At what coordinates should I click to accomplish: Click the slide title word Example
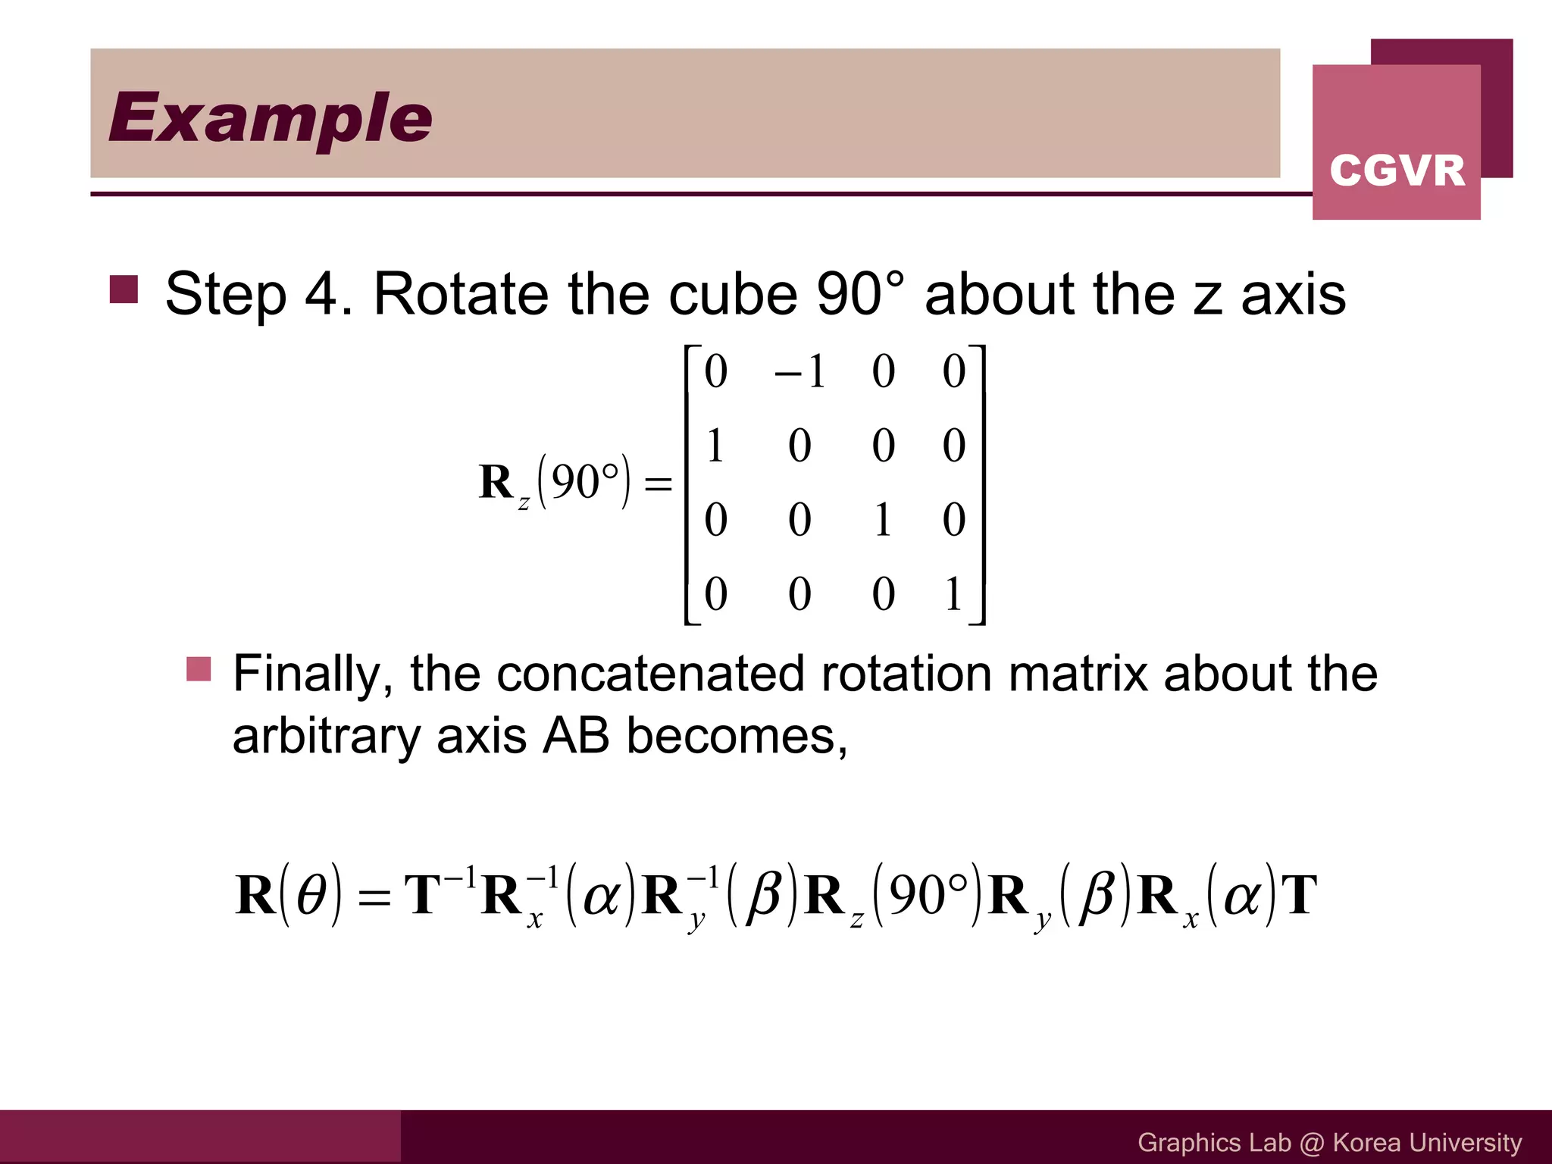[270, 117]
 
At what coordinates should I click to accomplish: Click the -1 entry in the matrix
[800, 371]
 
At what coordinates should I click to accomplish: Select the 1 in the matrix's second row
[715, 445]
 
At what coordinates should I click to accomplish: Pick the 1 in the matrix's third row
[883, 520]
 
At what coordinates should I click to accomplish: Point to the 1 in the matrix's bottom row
[953, 593]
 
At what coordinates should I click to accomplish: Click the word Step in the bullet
[225, 294]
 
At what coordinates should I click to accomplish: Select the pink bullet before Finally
[199, 669]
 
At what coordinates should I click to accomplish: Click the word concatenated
[649, 673]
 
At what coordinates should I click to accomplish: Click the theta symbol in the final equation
[311, 895]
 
